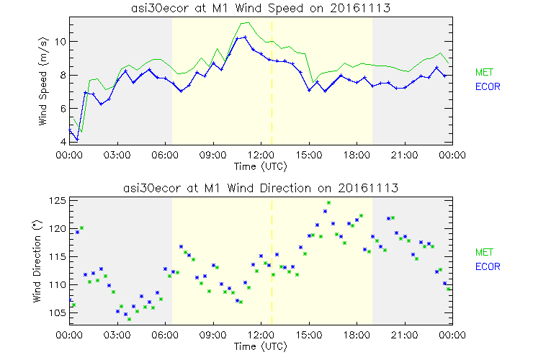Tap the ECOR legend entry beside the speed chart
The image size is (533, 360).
[487, 86]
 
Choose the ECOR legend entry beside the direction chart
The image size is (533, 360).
[487, 266]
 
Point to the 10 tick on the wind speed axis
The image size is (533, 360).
[62, 42]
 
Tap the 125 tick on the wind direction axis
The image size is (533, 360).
[58, 200]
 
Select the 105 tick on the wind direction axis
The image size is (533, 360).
[58, 313]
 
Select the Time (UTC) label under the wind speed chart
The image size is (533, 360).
[260, 167]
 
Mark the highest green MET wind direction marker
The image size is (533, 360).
[328, 203]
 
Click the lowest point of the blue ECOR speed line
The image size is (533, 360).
[77, 139]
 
